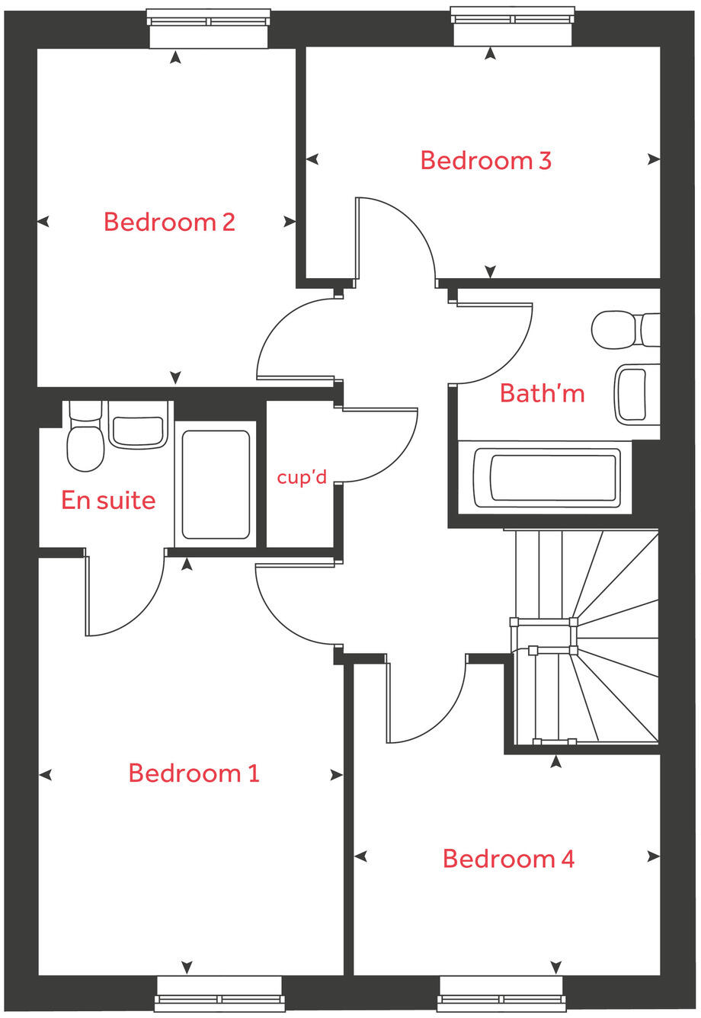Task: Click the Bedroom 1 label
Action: (194, 773)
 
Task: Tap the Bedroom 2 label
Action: (169, 222)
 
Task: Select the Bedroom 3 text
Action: (485, 160)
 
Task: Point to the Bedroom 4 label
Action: (508, 859)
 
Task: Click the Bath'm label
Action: (542, 393)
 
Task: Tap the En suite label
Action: (108, 500)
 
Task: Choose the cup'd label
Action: (302, 478)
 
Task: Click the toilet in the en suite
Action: (85, 440)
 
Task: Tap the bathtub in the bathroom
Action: (546, 478)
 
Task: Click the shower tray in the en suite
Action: (216, 485)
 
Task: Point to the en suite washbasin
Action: (138, 431)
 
